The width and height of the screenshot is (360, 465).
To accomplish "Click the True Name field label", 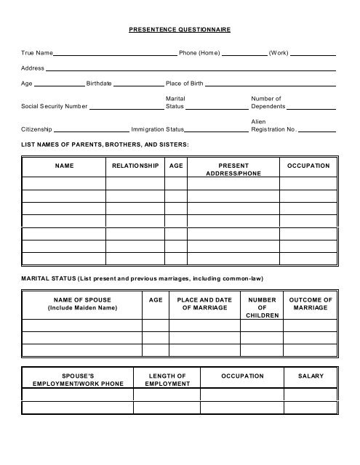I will (x=37, y=53).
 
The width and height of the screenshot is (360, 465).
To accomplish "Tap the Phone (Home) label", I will (x=199, y=53).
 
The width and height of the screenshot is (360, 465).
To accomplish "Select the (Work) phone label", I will (x=279, y=53).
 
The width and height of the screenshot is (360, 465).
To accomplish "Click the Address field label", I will (x=32, y=68).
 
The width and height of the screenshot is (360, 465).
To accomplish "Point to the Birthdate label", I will (x=99, y=84).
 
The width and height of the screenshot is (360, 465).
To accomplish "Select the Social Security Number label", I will (x=54, y=107).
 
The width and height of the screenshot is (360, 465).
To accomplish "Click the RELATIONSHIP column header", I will (x=135, y=166).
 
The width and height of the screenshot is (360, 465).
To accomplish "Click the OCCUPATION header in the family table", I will (x=308, y=166).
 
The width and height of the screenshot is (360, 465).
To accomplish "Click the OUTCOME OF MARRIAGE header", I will (x=311, y=304).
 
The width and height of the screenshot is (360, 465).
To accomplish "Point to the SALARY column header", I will (x=311, y=376).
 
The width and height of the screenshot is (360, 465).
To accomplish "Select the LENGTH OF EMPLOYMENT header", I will (x=167, y=380).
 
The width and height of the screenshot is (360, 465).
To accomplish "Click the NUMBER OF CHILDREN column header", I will (x=262, y=308).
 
